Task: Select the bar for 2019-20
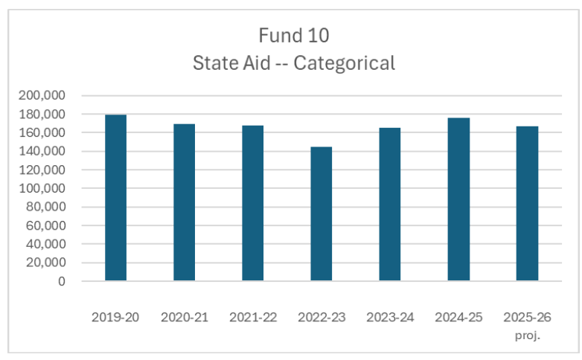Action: click(x=115, y=198)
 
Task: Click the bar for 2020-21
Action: click(x=184, y=202)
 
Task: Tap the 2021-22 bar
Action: click(x=252, y=203)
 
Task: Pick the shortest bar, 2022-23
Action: click(x=321, y=213)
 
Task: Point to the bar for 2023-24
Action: click(x=390, y=205)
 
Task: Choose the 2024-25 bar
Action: click(x=458, y=199)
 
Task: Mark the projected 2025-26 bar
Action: click(x=527, y=204)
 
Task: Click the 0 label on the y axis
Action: click(x=62, y=282)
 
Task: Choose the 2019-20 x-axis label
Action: click(x=115, y=318)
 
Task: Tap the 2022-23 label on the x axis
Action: click(x=322, y=318)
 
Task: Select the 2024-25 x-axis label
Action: click(x=458, y=318)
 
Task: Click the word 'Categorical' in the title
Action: click(x=344, y=64)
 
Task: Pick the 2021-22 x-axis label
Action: click(x=253, y=318)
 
